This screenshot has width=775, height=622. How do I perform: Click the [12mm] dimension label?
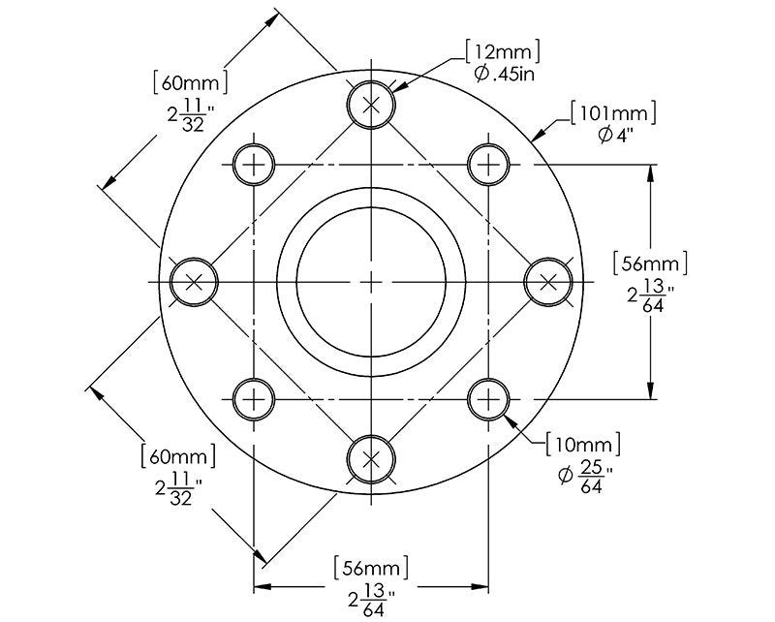(x=503, y=51)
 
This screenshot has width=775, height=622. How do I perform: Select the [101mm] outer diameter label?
(x=613, y=113)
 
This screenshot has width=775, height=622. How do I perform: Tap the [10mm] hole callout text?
(x=583, y=445)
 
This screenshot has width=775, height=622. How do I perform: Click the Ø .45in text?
(x=505, y=75)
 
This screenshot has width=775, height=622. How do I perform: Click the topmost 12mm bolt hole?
(x=371, y=105)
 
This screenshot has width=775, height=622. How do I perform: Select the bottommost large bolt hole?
(x=371, y=459)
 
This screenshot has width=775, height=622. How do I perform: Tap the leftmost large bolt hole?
(x=194, y=282)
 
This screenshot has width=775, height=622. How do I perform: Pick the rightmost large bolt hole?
(x=548, y=282)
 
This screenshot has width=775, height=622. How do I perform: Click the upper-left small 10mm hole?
(x=254, y=164)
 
